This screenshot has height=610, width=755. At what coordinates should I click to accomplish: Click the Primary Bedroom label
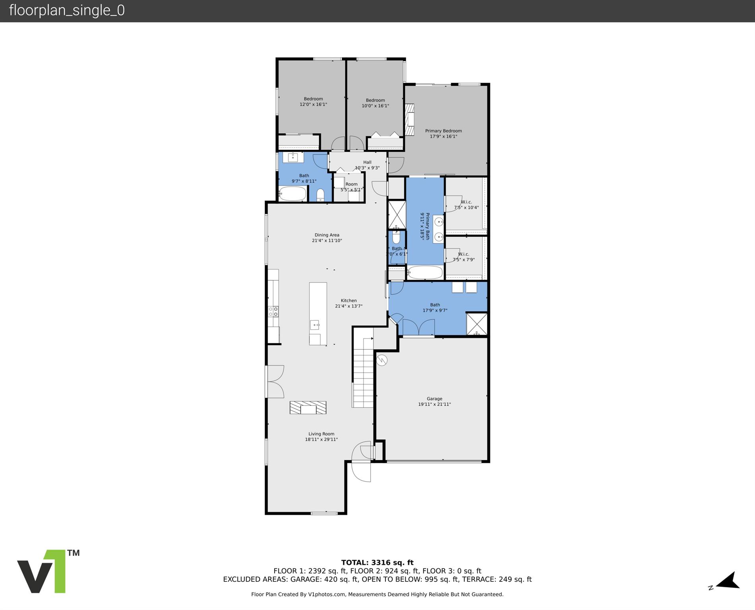[443, 131]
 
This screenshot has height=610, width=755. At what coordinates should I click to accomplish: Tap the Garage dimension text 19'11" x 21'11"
[434, 404]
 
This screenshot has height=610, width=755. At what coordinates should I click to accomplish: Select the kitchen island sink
[314, 325]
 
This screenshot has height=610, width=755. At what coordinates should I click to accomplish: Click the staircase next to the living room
[363, 374]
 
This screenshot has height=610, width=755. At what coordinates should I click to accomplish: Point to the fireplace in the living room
[308, 408]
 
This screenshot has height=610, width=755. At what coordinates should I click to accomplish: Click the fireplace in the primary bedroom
[409, 119]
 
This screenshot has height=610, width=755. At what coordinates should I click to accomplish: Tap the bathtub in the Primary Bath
[425, 273]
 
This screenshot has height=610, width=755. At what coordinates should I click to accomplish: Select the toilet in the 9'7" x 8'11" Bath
[320, 195]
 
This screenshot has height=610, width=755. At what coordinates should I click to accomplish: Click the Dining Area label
[327, 235]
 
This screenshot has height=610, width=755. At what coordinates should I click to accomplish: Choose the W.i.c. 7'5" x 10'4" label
[466, 205]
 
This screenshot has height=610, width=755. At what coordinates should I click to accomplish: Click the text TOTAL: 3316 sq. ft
[377, 562]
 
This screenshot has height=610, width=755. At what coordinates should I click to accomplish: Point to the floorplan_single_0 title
[67, 10]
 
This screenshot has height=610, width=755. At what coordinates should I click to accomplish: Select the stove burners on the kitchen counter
[273, 311]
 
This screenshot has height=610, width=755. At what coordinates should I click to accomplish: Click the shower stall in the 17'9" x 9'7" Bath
[476, 324]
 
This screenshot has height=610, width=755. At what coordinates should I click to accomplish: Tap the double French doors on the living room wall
[275, 381]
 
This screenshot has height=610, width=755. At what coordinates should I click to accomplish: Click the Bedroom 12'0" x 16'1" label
[313, 102]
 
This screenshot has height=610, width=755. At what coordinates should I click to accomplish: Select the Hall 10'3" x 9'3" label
[367, 165]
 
